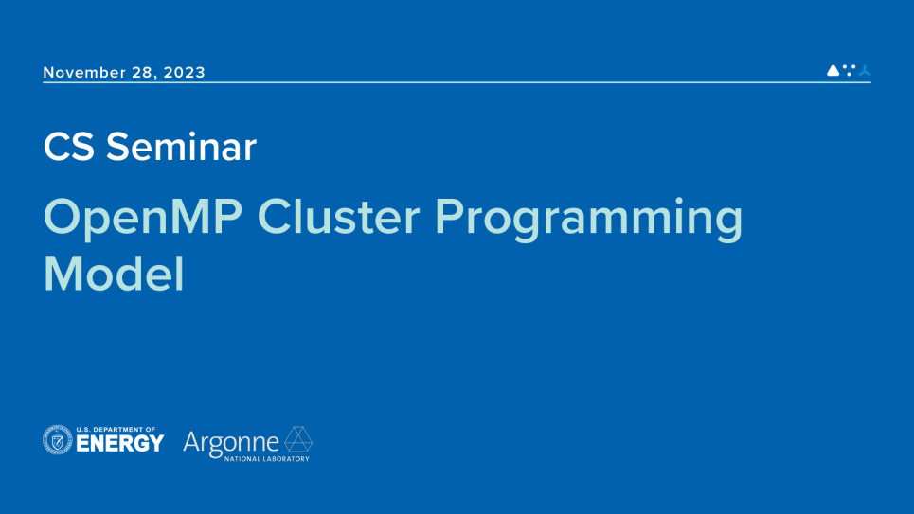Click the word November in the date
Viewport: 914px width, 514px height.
click(82, 73)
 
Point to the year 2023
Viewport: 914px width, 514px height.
click(184, 73)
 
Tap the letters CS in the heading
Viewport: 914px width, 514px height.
click(69, 147)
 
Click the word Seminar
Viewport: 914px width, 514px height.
click(181, 147)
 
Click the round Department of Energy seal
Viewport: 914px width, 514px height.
click(58, 440)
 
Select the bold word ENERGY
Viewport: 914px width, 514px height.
click(120, 444)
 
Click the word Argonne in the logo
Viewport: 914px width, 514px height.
click(231, 442)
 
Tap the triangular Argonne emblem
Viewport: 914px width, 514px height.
click(299, 439)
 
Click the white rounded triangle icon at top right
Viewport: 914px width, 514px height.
click(833, 70)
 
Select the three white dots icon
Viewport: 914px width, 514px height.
click(849, 70)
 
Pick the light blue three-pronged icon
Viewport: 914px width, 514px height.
click(864, 71)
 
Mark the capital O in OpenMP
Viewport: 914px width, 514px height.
click(63, 219)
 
